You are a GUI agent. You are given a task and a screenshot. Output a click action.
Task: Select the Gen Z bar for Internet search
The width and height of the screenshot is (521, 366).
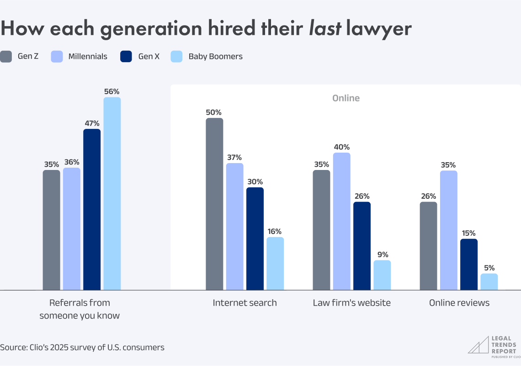214,204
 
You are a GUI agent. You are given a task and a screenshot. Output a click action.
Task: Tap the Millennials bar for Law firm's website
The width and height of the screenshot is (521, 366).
341,221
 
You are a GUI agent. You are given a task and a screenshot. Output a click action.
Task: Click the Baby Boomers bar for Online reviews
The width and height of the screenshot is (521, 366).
489,281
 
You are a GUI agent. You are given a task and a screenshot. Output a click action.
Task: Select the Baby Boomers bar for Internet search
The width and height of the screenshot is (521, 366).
275,263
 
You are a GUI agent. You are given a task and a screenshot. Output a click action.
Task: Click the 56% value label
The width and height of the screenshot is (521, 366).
112,91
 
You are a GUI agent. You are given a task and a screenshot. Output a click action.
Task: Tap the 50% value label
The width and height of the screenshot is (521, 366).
214,112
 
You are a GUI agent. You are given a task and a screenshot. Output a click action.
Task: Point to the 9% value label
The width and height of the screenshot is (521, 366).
382,255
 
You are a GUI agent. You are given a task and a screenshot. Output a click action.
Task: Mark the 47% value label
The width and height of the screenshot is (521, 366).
92,123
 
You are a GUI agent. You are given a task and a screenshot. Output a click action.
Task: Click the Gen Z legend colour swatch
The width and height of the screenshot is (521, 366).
6,57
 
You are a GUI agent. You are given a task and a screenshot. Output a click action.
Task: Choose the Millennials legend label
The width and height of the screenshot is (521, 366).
88,57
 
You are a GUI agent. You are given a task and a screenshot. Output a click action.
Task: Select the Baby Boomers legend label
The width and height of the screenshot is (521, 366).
215,57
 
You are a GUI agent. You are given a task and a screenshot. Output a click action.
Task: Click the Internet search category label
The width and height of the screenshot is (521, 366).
245,303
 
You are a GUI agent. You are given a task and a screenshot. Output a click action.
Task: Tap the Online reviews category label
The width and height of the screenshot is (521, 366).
459,303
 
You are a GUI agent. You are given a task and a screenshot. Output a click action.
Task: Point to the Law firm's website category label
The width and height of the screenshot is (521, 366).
351,303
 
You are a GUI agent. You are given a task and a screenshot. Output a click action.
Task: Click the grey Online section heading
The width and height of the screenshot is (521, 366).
346,98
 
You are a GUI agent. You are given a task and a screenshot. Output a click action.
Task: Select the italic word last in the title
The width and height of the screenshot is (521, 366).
325,28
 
